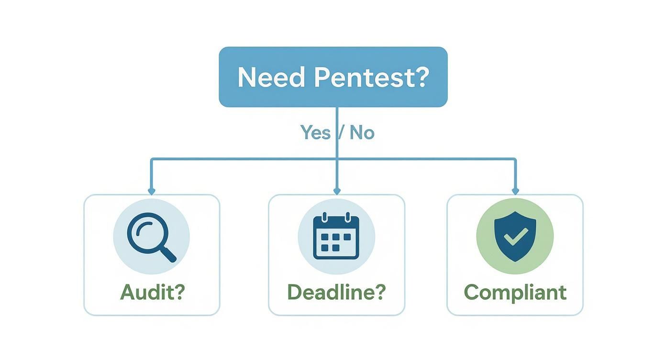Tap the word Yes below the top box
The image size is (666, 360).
click(x=315, y=133)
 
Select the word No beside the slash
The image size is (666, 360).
click(x=362, y=133)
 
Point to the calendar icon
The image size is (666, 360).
click(x=336, y=237)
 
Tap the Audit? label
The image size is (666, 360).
click(x=152, y=292)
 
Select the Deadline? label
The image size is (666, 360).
click(x=336, y=292)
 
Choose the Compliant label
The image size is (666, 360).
click(x=515, y=292)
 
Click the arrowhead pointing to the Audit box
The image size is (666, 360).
click(x=152, y=191)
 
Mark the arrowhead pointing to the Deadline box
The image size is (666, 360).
click(x=336, y=191)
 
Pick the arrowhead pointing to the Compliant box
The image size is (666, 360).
click(x=515, y=191)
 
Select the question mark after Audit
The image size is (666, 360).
click(x=178, y=292)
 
